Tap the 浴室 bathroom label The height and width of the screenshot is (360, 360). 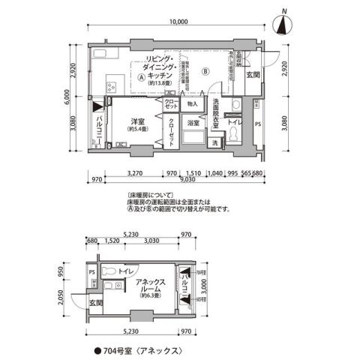point(193,122)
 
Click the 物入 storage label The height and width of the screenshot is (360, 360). point(191,103)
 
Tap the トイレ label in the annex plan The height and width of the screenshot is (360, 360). point(125,270)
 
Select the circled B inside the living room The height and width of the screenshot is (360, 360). point(204,71)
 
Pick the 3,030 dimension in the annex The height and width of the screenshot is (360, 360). point(151,241)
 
